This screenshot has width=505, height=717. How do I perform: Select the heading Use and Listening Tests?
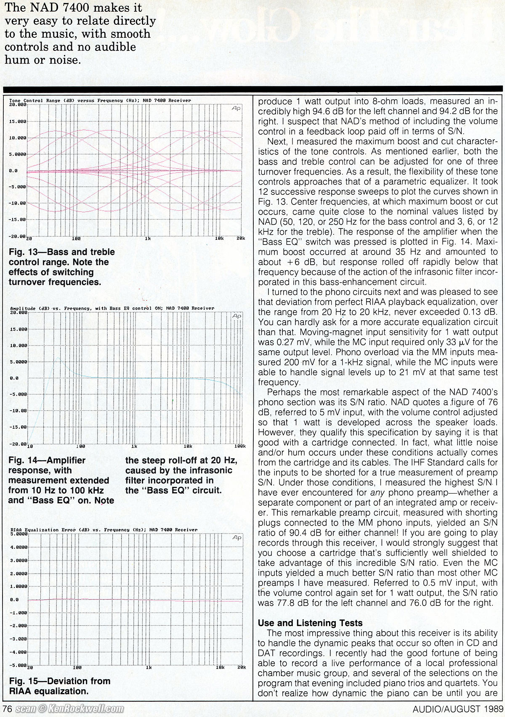[310, 623]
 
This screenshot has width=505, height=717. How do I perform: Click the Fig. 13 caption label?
[23, 252]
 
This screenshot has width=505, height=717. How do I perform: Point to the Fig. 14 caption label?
[23, 460]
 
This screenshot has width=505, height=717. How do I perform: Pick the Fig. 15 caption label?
[23, 681]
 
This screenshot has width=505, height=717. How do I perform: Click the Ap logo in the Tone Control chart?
[236, 109]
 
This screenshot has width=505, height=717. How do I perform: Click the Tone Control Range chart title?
[100, 101]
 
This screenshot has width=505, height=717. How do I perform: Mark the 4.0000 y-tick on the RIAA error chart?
[18, 547]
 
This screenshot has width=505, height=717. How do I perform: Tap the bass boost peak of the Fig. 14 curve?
[59, 358]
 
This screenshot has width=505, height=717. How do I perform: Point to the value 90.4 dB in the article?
[306, 543]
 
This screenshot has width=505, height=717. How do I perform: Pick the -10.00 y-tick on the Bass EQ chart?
[18, 411]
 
